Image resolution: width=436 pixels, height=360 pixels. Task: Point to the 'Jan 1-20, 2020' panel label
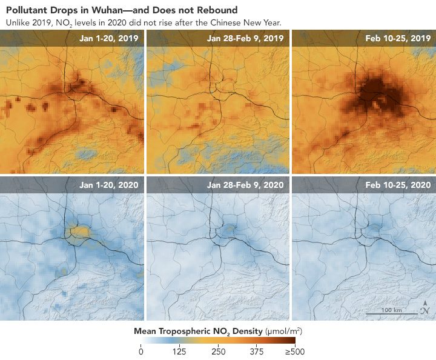tap(108, 185)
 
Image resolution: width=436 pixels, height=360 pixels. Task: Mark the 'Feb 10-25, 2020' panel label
tap(398, 185)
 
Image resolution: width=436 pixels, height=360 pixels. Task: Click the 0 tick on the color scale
tap(141, 351)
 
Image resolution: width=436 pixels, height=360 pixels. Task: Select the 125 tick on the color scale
tap(179, 351)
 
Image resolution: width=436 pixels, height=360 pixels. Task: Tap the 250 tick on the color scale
tap(218, 351)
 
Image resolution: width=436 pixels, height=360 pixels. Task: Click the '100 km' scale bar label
tap(392, 310)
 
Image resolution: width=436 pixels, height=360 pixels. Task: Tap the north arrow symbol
tap(426, 308)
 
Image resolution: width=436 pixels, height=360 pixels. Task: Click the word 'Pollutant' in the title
tap(26, 10)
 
